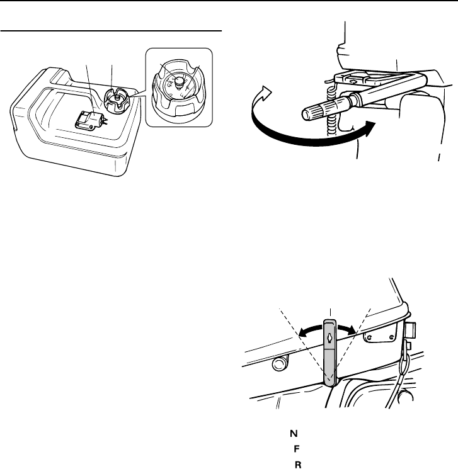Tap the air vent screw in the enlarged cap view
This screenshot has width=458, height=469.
178,81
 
